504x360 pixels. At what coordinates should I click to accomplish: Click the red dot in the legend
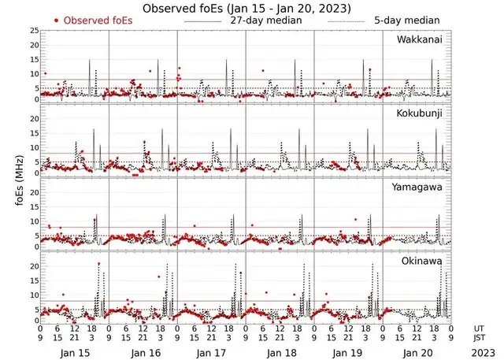(x=56, y=20)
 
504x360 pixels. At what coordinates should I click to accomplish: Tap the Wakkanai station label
(x=424, y=39)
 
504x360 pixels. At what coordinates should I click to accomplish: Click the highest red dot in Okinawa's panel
(x=98, y=264)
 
